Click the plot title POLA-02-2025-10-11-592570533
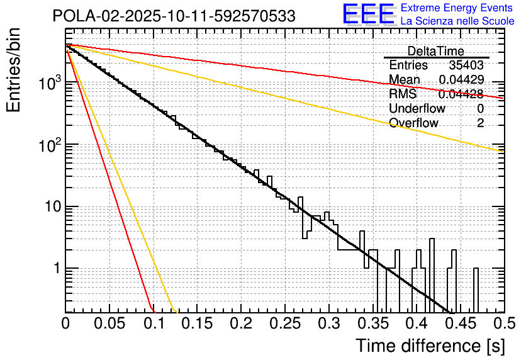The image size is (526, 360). coord(174,16)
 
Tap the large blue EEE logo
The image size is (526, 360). coord(368,15)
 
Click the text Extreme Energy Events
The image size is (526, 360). coord(457,8)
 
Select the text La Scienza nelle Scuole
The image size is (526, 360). coord(457,21)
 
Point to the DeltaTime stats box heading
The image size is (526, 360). coord(435,51)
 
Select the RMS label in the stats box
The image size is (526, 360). coord(403,94)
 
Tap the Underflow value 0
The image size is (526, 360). coord(480,109)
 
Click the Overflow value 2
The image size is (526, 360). coord(480,123)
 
